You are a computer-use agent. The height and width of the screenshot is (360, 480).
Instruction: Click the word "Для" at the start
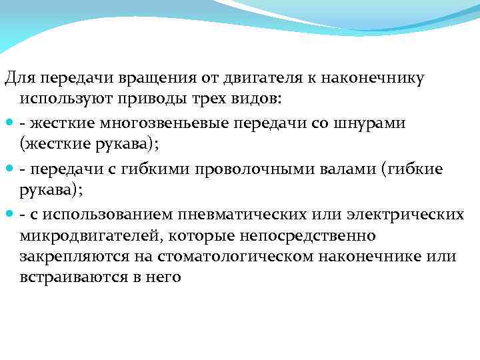pos(17,78)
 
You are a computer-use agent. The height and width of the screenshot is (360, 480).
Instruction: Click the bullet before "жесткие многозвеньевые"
pos(9,124)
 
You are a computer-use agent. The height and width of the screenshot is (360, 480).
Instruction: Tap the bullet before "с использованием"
pos(9,215)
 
